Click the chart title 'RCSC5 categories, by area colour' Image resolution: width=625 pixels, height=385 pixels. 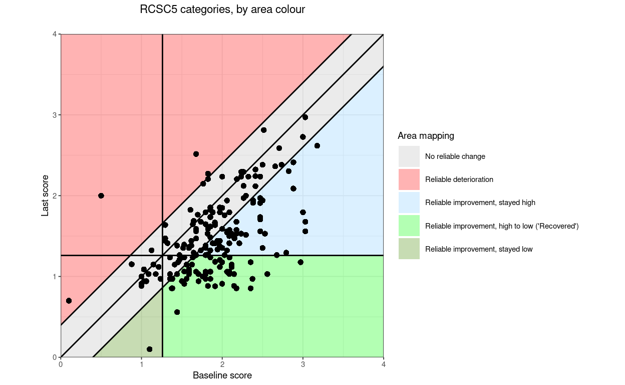click(x=222, y=10)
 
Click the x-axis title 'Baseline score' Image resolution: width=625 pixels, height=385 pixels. click(x=222, y=375)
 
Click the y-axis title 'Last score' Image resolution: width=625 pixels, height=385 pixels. click(x=45, y=196)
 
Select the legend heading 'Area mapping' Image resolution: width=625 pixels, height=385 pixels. click(x=426, y=135)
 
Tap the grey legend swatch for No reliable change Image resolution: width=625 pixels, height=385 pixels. click(x=409, y=156)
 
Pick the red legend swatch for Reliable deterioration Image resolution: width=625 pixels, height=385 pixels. click(x=409, y=179)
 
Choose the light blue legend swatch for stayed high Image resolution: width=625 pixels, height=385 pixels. click(x=409, y=203)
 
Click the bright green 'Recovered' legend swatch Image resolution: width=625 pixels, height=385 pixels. click(x=409, y=226)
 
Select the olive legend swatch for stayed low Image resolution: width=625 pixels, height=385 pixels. click(x=409, y=249)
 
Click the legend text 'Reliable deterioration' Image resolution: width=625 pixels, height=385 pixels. click(x=459, y=179)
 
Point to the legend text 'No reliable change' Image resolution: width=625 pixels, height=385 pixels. click(x=455, y=156)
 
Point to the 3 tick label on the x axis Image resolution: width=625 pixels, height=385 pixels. click(x=302, y=365)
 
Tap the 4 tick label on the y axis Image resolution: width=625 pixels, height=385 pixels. click(x=54, y=34)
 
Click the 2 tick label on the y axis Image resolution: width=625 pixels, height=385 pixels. click(x=54, y=196)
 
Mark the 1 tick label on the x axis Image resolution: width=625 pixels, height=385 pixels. click(x=141, y=365)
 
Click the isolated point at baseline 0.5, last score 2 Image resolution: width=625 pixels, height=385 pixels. click(x=101, y=196)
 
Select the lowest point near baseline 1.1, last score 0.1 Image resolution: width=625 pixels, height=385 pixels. click(x=149, y=349)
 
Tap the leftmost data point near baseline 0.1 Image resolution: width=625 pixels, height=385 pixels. click(x=69, y=301)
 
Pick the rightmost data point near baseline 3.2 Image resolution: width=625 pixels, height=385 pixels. click(x=317, y=145)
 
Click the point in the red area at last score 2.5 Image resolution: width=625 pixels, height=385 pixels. click(x=196, y=154)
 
